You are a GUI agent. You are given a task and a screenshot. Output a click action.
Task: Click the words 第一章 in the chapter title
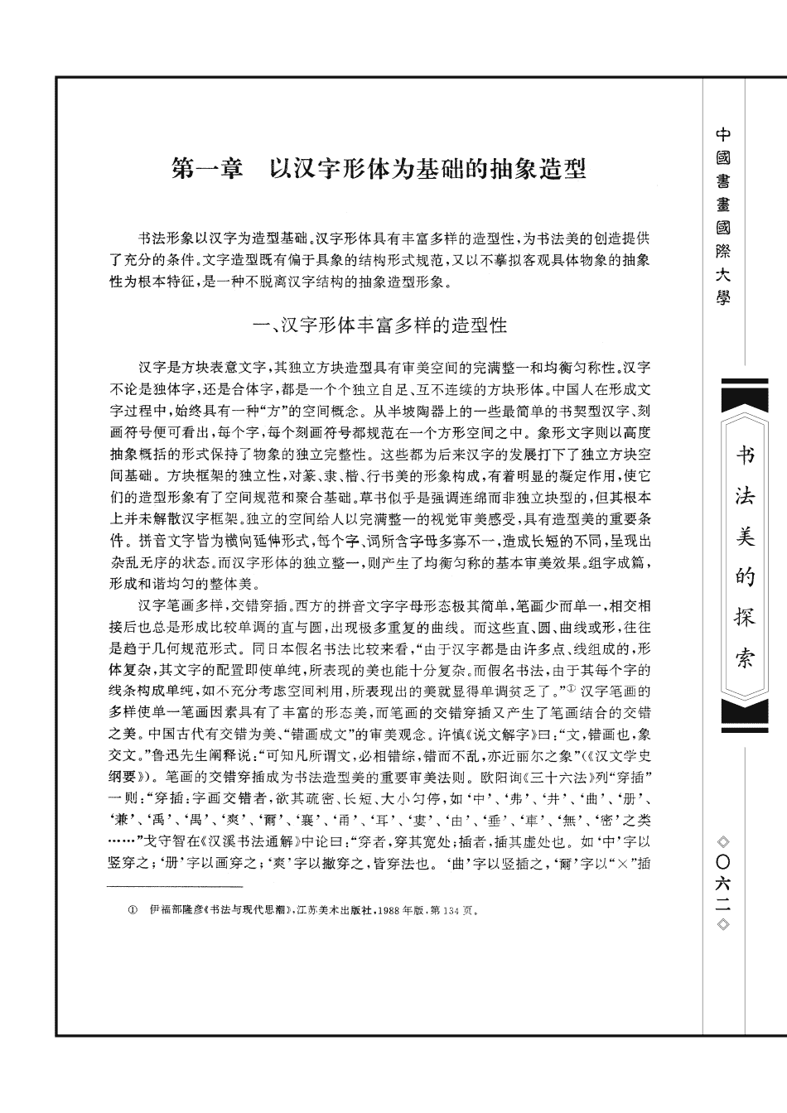tap(206, 171)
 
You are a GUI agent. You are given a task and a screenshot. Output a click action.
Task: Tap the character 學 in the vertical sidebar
tap(722, 296)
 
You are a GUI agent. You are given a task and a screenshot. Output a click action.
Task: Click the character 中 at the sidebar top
tap(722, 134)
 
